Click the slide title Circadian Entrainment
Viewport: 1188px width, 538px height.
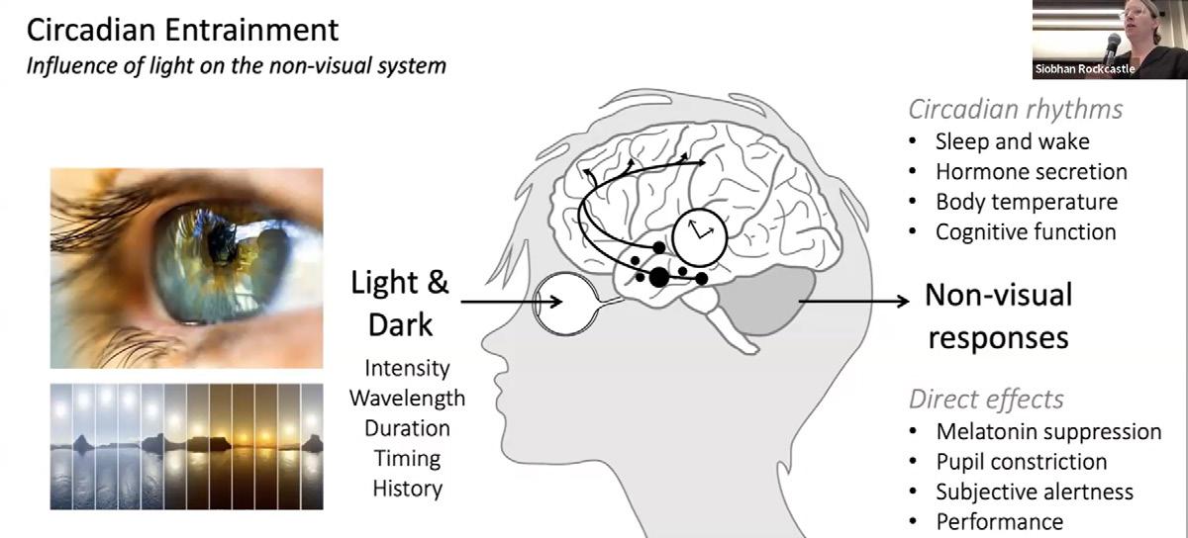tap(182, 30)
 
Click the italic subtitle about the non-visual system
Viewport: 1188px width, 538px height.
tap(236, 66)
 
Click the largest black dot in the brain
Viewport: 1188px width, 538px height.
tap(658, 277)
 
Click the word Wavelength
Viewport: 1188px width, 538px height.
tap(406, 399)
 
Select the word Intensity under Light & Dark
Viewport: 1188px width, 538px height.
tap(406, 368)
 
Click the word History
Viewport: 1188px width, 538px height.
tap(407, 488)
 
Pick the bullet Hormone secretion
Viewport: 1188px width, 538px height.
tap(1031, 171)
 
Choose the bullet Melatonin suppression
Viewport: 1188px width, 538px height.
tap(1047, 431)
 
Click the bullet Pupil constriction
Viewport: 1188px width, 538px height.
tap(1021, 461)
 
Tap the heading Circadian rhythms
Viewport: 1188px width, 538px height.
tap(1016, 109)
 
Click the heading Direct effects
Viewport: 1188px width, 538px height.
tap(986, 400)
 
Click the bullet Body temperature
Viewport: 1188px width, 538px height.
tap(1026, 202)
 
